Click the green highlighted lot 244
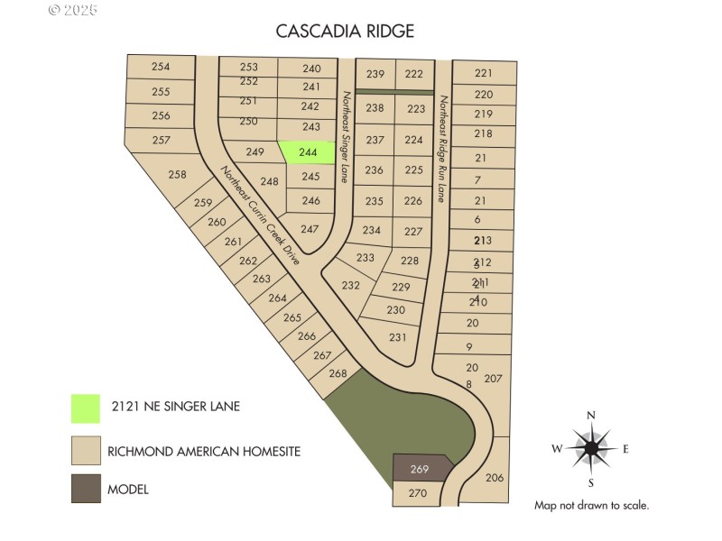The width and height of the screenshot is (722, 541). (308, 153)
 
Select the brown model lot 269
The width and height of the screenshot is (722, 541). (420, 469)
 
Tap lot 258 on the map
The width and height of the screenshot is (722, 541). (178, 174)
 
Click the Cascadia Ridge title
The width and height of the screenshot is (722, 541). (346, 32)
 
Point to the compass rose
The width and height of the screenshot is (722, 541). (591, 448)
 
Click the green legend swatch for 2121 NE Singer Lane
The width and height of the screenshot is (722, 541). (86, 408)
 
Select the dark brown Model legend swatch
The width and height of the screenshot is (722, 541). (86, 490)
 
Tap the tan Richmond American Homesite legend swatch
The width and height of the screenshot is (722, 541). (86, 449)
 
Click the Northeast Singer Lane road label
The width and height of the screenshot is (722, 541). (346, 135)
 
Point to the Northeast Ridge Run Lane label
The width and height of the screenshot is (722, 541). (443, 149)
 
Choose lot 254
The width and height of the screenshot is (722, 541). (161, 67)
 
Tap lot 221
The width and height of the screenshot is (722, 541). (484, 73)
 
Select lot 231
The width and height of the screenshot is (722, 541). (398, 337)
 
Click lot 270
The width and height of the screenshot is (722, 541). (417, 493)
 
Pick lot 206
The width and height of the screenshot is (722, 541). (495, 477)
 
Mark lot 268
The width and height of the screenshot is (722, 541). (338, 373)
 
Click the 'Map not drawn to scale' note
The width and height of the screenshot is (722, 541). (591, 506)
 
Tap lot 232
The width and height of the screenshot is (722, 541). (352, 285)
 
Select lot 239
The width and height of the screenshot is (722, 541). (375, 74)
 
